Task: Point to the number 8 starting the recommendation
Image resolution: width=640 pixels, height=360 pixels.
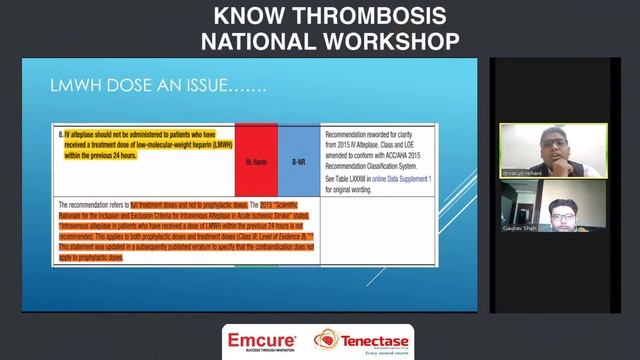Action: [x=60, y=132]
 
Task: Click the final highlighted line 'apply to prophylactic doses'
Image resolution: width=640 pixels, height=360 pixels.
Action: [x=92, y=258]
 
